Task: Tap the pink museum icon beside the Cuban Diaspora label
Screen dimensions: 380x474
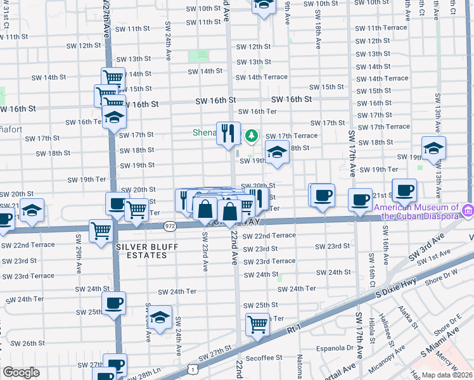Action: click(x=468, y=209)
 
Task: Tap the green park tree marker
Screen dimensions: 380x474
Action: click(x=252, y=134)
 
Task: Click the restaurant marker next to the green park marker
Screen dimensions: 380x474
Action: click(x=227, y=134)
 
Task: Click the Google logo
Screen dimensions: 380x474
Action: click(x=20, y=372)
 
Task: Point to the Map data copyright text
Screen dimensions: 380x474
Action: click(x=447, y=375)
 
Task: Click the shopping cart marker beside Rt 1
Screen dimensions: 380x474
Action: click(x=257, y=325)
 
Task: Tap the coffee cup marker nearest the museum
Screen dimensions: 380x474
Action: click(x=404, y=189)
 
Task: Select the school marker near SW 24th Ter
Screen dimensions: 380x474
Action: click(x=161, y=318)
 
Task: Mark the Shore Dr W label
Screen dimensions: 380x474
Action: click(x=442, y=274)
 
